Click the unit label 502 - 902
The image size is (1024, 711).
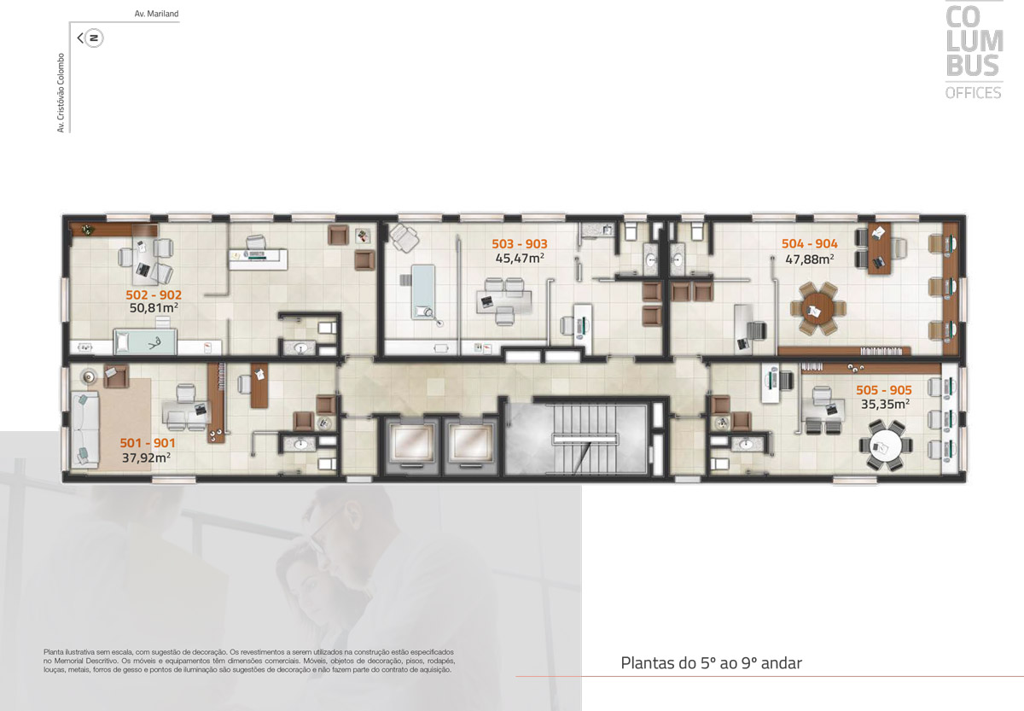tap(154, 295)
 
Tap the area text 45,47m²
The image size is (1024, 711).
tap(520, 259)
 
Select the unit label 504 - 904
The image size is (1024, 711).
tap(810, 244)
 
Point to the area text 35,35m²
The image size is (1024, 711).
tap(885, 405)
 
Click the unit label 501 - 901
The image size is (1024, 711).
tap(148, 443)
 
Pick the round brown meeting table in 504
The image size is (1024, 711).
tap(817, 309)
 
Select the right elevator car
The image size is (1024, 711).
tap(470, 444)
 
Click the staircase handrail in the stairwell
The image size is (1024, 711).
tap(585, 440)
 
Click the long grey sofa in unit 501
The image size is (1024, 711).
tap(85, 429)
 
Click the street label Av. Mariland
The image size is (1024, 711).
tap(156, 14)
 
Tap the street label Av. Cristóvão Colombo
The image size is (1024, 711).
tap(61, 93)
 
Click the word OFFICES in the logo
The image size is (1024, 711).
tap(974, 93)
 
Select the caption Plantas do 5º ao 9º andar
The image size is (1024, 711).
tap(712, 663)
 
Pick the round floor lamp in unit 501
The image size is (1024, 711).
tap(89, 376)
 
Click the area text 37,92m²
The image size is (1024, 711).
tap(146, 457)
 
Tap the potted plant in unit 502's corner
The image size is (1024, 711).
tap(87, 230)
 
